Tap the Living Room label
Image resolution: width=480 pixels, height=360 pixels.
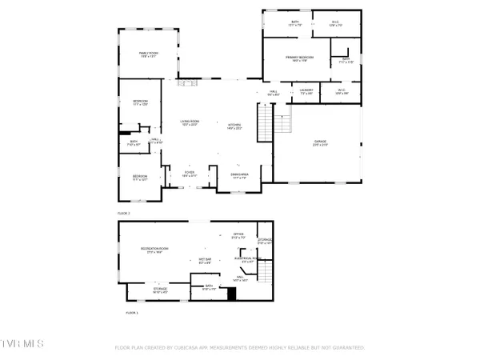point(190,122)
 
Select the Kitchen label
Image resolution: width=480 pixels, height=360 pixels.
point(234,126)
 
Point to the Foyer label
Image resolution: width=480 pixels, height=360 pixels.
point(190,174)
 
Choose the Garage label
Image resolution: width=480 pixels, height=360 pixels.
point(320,143)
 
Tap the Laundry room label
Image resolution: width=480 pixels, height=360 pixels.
point(306,91)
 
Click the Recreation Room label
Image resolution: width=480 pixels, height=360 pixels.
point(154,250)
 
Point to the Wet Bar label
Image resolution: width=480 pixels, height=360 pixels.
point(205,260)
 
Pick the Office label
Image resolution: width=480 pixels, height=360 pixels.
point(238,235)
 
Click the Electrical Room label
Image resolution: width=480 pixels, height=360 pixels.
point(244,259)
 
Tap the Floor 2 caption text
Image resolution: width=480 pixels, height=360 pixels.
point(124,214)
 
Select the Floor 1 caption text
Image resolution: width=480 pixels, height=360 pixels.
point(131,313)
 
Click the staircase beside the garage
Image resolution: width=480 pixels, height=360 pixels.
point(282,124)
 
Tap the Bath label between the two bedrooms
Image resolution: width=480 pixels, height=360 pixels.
point(134,143)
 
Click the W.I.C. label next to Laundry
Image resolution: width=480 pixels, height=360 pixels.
point(341,91)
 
